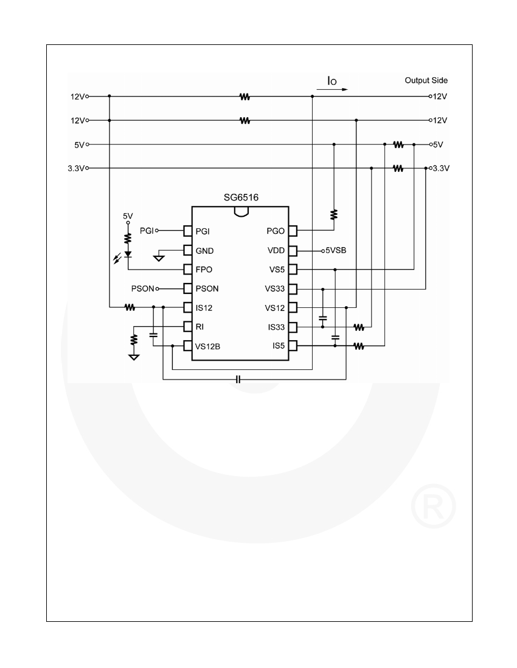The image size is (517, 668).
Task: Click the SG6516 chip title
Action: click(x=241, y=197)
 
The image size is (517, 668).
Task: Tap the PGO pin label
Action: click(x=276, y=231)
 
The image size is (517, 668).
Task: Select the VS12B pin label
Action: click(x=208, y=346)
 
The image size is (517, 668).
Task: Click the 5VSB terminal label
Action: click(x=336, y=250)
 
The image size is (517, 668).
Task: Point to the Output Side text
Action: click(x=426, y=80)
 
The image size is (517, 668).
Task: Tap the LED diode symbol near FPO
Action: click(x=128, y=254)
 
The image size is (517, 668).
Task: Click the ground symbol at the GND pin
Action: click(x=159, y=257)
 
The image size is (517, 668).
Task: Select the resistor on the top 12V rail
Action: click(x=245, y=97)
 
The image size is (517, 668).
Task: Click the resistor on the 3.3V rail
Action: click(x=398, y=168)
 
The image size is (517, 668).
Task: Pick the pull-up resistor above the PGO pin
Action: click(x=334, y=214)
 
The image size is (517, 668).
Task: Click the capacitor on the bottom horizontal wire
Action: click(x=238, y=379)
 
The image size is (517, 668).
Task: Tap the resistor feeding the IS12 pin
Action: click(x=130, y=307)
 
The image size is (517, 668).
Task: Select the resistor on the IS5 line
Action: click(x=359, y=346)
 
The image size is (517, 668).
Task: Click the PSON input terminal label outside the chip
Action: click(x=142, y=289)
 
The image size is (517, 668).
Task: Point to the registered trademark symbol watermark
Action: click(x=434, y=506)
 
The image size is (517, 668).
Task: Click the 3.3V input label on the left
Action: click(x=77, y=168)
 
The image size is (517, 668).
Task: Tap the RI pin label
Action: click(x=200, y=327)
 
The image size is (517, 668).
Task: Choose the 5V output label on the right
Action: click(x=438, y=145)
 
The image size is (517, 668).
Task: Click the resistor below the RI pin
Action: click(x=134, y=340)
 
